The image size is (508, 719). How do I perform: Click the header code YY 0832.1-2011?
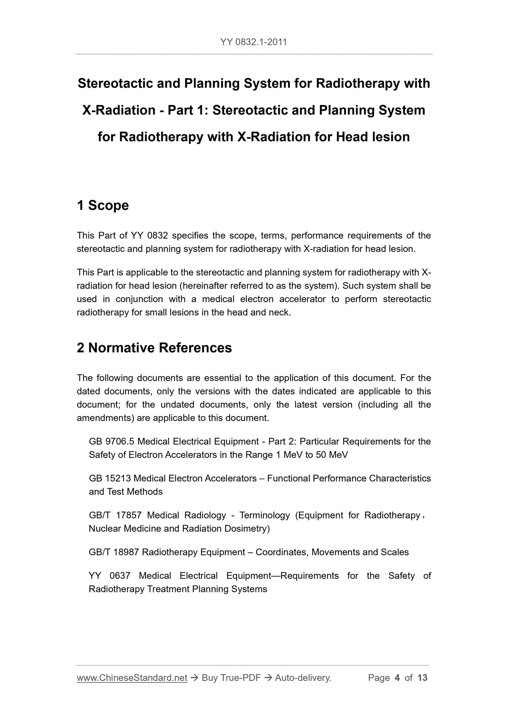pyautogui.click(x=253, y=42)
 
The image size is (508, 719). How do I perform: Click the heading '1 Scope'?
pyautogui.click(x=103, y=205)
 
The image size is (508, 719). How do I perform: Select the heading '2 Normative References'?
pyautogui.click(x=154, y=348)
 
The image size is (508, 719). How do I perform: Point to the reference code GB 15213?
pyautogui.click(x=110, y=478)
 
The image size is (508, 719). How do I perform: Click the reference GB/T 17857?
pyautogui.click(x=115, y=515)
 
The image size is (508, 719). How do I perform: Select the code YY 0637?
pyautogui.click(x=109, y=576)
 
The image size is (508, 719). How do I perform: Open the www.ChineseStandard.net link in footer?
pyautogui.click(x=132, y=678)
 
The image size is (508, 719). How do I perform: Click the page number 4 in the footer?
pyautogui.click(x=397, y=678)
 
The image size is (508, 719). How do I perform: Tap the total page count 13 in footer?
pyautogui.click(x=422, y=678)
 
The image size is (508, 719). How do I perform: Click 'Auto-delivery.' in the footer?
pyautogui.click(x=303, y=678)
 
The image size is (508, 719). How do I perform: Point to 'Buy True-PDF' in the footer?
pyautogui.click(x=231, y=678)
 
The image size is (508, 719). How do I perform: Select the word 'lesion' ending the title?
pyautogui.click(x=391, y=137)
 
